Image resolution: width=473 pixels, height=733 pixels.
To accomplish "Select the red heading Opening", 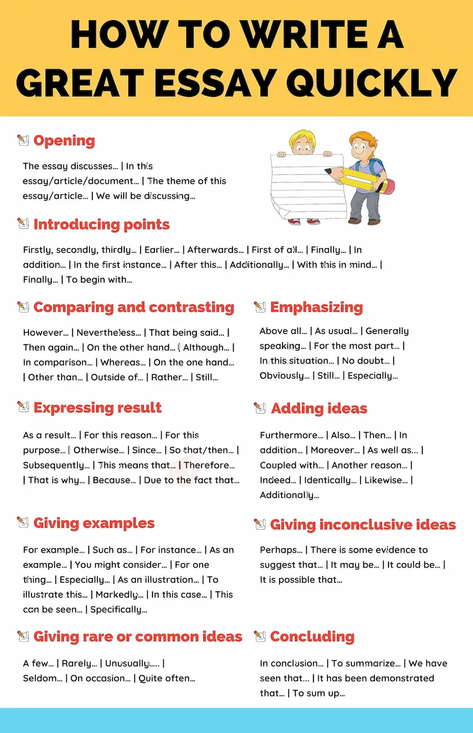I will (64, 141).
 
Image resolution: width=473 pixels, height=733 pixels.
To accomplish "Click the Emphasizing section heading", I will (316, 307).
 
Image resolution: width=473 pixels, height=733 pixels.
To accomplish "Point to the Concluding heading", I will (312, 637).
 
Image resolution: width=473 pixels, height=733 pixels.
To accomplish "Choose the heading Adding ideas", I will (319, 408).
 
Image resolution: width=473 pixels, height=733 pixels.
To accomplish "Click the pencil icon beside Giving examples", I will (23, 523).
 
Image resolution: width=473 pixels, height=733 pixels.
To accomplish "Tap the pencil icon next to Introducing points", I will (23, 224).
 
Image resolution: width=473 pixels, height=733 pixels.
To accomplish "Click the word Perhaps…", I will (281, 550).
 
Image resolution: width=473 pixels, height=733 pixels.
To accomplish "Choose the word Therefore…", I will (209, 465).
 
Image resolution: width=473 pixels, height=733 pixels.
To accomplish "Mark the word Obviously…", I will (284, 375).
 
